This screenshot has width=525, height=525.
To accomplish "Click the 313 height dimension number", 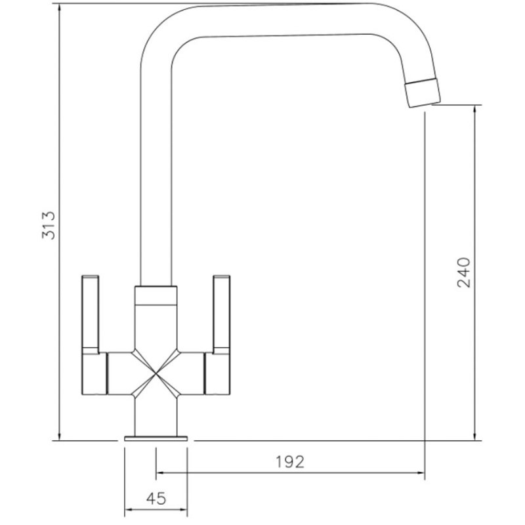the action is [x=49, y=225].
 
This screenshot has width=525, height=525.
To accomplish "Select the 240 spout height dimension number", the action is [x=464, y=272].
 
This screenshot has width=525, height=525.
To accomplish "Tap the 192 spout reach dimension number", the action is [x=290, y=462].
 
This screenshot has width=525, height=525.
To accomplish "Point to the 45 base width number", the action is [x=156, y=499].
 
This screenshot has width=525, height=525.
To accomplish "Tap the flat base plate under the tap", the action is [x=156, y=438].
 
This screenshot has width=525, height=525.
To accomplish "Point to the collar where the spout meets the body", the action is [x=156, y=296].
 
